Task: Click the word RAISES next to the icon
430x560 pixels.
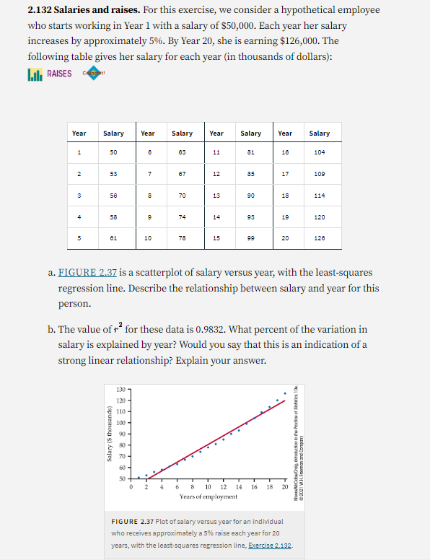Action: (x=59, y=74)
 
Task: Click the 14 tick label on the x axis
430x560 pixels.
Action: (x=238, y=487)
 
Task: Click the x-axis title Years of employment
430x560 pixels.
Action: (x=209, y=496)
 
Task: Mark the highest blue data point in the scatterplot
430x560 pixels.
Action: (x=284, y=393)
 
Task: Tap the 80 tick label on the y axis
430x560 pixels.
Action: (x=120, y=445)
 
